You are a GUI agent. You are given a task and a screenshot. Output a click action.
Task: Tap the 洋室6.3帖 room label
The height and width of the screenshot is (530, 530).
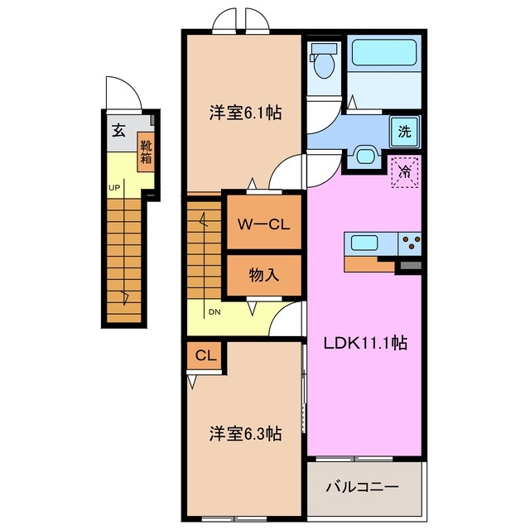tap(244, 432)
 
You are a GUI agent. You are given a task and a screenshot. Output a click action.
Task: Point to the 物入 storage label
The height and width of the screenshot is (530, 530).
tap(263, 275)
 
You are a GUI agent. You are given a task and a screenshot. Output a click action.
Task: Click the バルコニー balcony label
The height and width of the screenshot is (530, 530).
tap(365, 486)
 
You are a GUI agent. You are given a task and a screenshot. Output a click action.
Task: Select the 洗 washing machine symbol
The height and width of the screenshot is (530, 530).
tap(404, 131)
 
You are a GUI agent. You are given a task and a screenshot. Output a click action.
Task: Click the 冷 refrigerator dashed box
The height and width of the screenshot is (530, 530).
tap(405, 172)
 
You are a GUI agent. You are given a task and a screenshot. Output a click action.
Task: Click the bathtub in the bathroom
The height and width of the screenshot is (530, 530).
tap(384, 54)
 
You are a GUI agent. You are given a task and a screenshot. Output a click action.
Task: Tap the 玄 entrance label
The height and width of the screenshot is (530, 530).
tap(118, 129)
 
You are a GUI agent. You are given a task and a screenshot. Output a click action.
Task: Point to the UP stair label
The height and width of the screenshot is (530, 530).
tap(113, 187)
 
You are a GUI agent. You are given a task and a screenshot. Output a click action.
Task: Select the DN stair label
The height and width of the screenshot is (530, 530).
tap(214, 312)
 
